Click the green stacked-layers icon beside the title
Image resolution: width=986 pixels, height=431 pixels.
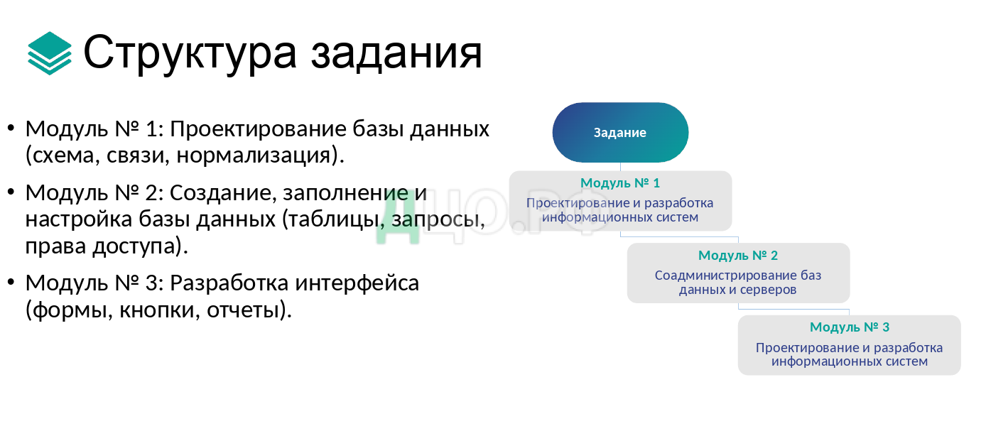(x=49, y=53)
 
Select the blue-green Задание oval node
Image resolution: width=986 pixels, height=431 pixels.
(x=620, y=132)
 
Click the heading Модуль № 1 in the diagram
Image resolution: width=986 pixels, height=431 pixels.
(x=620, y=183)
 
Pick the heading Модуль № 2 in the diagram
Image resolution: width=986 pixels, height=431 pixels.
(x=738, y=255)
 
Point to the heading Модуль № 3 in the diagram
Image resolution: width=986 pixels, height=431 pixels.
(x=850, y=327)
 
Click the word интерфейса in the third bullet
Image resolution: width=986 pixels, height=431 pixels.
(x=357, y=283)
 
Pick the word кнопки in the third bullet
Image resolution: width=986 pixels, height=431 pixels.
(x=157, y=310)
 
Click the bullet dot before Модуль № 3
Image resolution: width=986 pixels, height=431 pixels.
(x=11, y=283)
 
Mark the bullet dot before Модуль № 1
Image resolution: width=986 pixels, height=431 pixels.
(x=11, y=129)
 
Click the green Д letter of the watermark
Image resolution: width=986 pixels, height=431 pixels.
(x=398, y=218)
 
